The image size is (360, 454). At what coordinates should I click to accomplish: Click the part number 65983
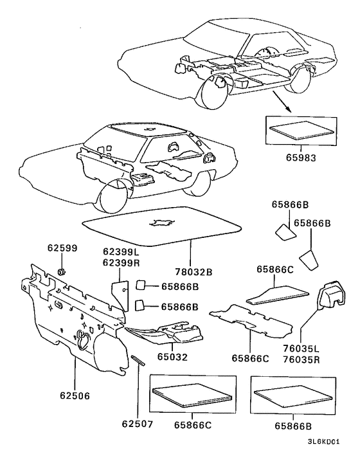[x=301, y=158]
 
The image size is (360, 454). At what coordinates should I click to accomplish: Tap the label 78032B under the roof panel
[x=194, y=272]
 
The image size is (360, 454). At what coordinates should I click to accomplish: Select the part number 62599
[x=62, y=248]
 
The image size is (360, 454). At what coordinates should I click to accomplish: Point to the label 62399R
[x=121, y=263]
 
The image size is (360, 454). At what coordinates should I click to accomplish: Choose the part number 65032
[x=172, y=357]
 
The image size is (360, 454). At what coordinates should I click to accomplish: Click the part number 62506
[x=75, y=395]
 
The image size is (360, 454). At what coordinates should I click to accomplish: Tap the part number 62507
[x=137, y=424]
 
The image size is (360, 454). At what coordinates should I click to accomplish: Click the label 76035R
[x=301, y=359]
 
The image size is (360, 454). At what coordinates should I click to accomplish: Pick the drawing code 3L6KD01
[x=323, y=442]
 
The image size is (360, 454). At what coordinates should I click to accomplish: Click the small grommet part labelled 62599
[x=62, y=272]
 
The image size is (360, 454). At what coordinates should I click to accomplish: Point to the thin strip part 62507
[x=138, y=360]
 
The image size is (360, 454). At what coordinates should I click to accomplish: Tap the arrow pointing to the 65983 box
[x=282, y=102]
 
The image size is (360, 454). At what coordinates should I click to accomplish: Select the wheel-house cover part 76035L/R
[x=332, y=293]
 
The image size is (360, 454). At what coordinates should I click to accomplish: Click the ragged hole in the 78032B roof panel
[x=161, y=222]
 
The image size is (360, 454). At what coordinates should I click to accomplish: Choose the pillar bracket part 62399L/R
[x=120, y=295]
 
